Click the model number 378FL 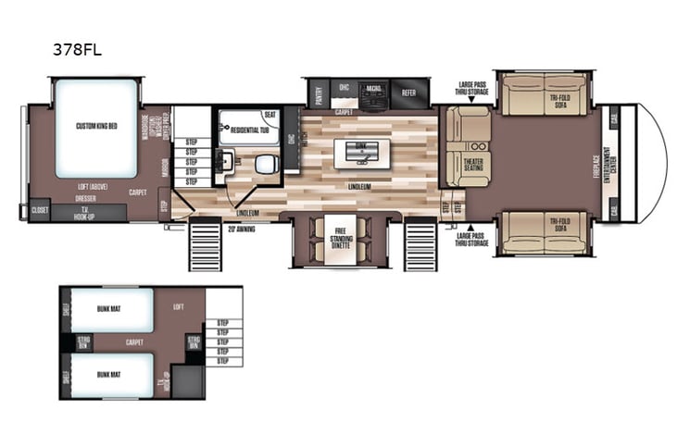[x=77, y=51]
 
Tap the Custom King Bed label [x=95, y=126]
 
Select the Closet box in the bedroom [x=40, y=210]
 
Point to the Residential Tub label [x=249, y=129]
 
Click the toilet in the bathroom [x=266, y=164]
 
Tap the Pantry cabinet [x=318, y=95]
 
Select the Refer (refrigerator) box [x=408, y=93]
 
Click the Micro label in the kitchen [x=373, y=89]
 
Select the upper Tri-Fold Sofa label [x=558, y=104]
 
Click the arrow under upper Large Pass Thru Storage [x=471, y=102]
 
